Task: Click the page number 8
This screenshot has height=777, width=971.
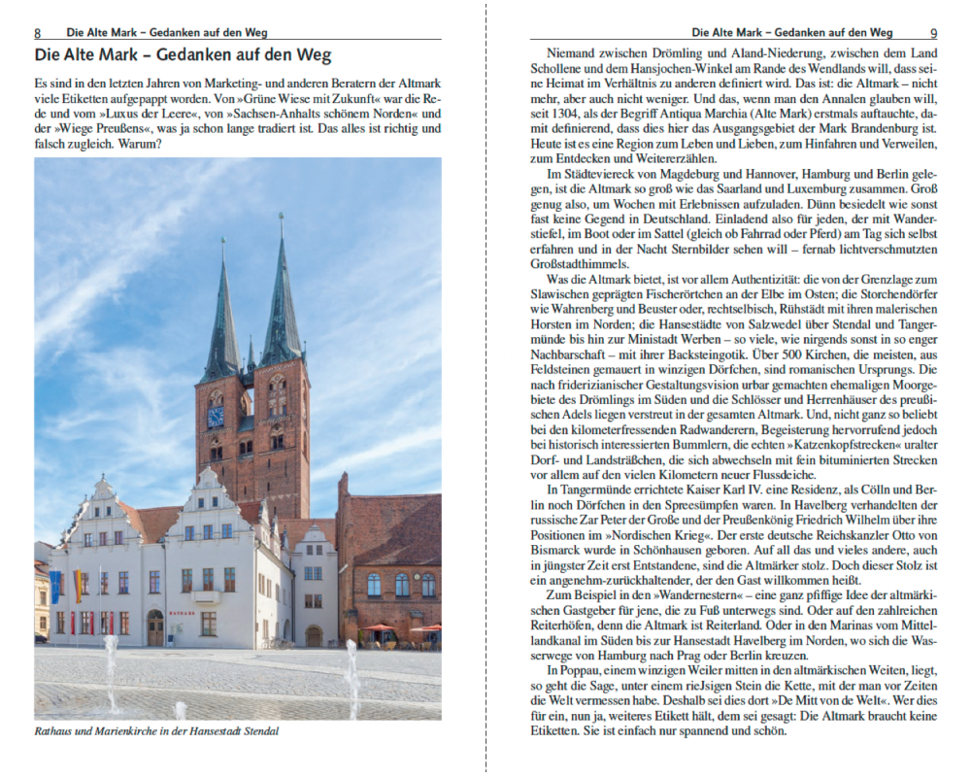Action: click(38, 32)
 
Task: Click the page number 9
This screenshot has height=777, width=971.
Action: click(933, 32)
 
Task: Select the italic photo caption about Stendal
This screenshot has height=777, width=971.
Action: click(156, 730)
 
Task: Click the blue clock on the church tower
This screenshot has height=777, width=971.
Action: click(216, 417)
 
